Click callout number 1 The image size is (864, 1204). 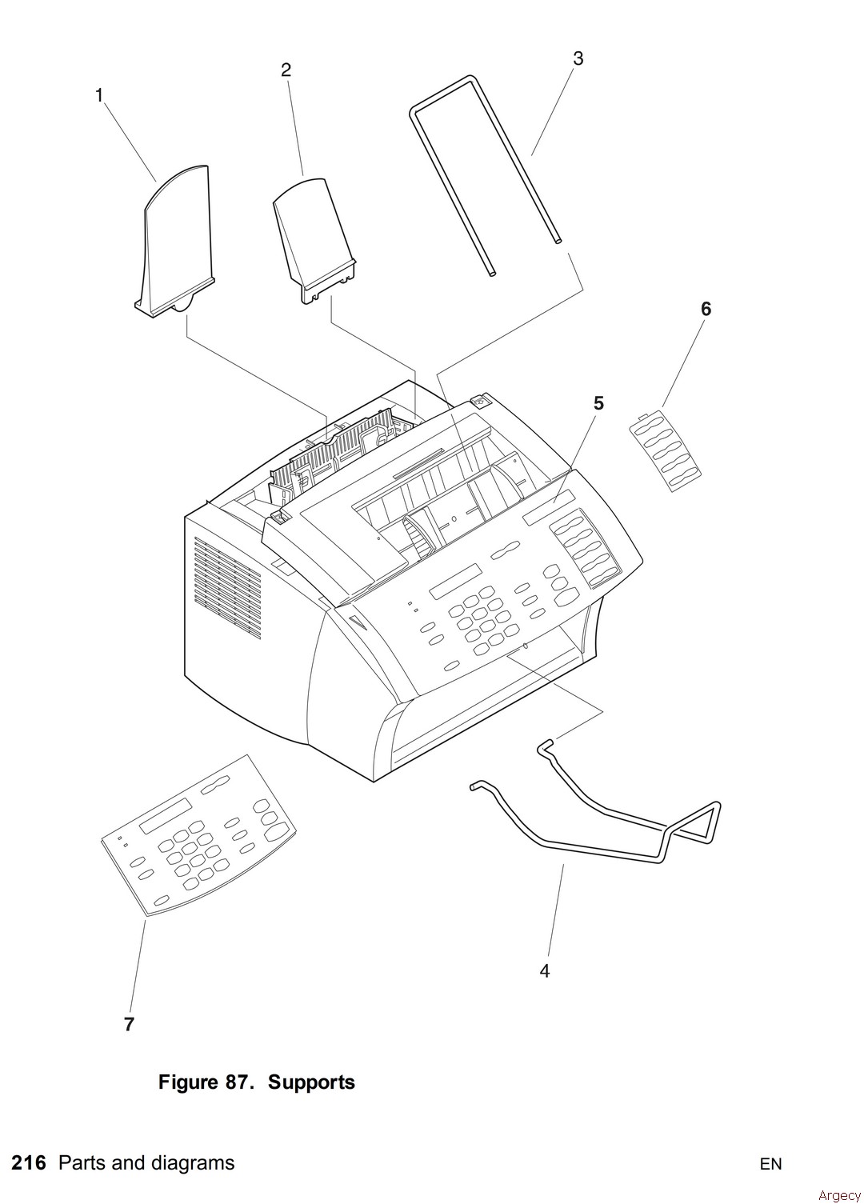[x=99, y=95]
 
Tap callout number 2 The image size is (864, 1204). [x=286, y=70]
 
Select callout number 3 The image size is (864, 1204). [x=578, y=58]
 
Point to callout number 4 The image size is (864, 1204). [x=545, y=971]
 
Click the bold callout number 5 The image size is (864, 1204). [x=598, y=403]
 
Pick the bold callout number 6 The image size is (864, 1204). [x=706, y=308]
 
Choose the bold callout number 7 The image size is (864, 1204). [x=129, y=1024]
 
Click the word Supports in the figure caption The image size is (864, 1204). [x=311, y=1082]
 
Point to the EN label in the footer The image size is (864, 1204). [x=770, y=1164]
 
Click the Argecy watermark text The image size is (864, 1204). [x=839, y=1195]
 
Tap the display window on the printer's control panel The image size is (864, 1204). [x=456, y=582]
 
